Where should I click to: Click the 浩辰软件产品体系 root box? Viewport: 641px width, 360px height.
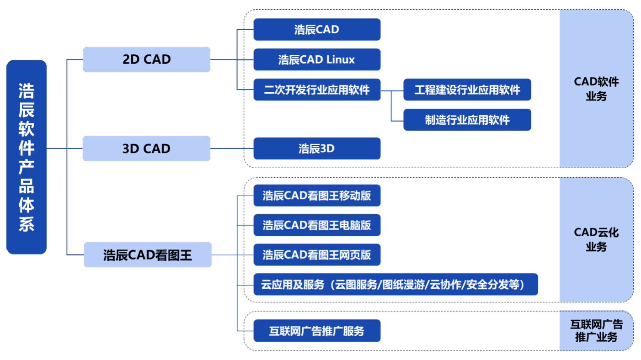[x=27, y=157]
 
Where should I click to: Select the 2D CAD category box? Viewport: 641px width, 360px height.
[x=146, y=59]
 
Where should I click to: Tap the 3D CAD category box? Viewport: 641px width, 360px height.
[x=146, y=148]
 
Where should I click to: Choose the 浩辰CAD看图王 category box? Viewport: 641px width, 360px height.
[x=148, y=255]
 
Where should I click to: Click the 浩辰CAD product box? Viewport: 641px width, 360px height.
[x=317, y=30]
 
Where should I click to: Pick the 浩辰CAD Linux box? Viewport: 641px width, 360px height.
[x=317, y=60]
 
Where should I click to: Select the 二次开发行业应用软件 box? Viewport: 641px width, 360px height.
[x=317, y=90]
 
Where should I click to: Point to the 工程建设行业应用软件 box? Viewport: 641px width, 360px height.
[x=467, y=90]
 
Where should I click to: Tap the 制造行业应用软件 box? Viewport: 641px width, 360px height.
[x=467, y=120]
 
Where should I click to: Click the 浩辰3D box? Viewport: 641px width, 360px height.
[x=317, y=148]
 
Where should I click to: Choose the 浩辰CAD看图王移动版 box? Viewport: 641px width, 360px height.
[x=317, y=196]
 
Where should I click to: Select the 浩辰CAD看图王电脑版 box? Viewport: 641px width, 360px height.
[x=317, y=225]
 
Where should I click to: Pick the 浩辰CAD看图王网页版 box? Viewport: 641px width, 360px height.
[x=317, y=254]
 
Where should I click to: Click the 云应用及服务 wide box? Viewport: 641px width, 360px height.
[x=395, y=285]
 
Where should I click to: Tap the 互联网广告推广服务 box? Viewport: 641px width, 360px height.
[x=317, y=330]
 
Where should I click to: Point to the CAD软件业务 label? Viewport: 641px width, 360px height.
[x=596, y=89]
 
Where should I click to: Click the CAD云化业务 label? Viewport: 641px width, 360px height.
[x=596, y=240]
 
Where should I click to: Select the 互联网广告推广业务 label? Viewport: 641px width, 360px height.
[x=596, y=331]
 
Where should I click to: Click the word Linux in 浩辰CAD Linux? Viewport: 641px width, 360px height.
[x=341, y=60]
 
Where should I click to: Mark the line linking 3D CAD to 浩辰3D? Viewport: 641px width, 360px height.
[x=232, y=148]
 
